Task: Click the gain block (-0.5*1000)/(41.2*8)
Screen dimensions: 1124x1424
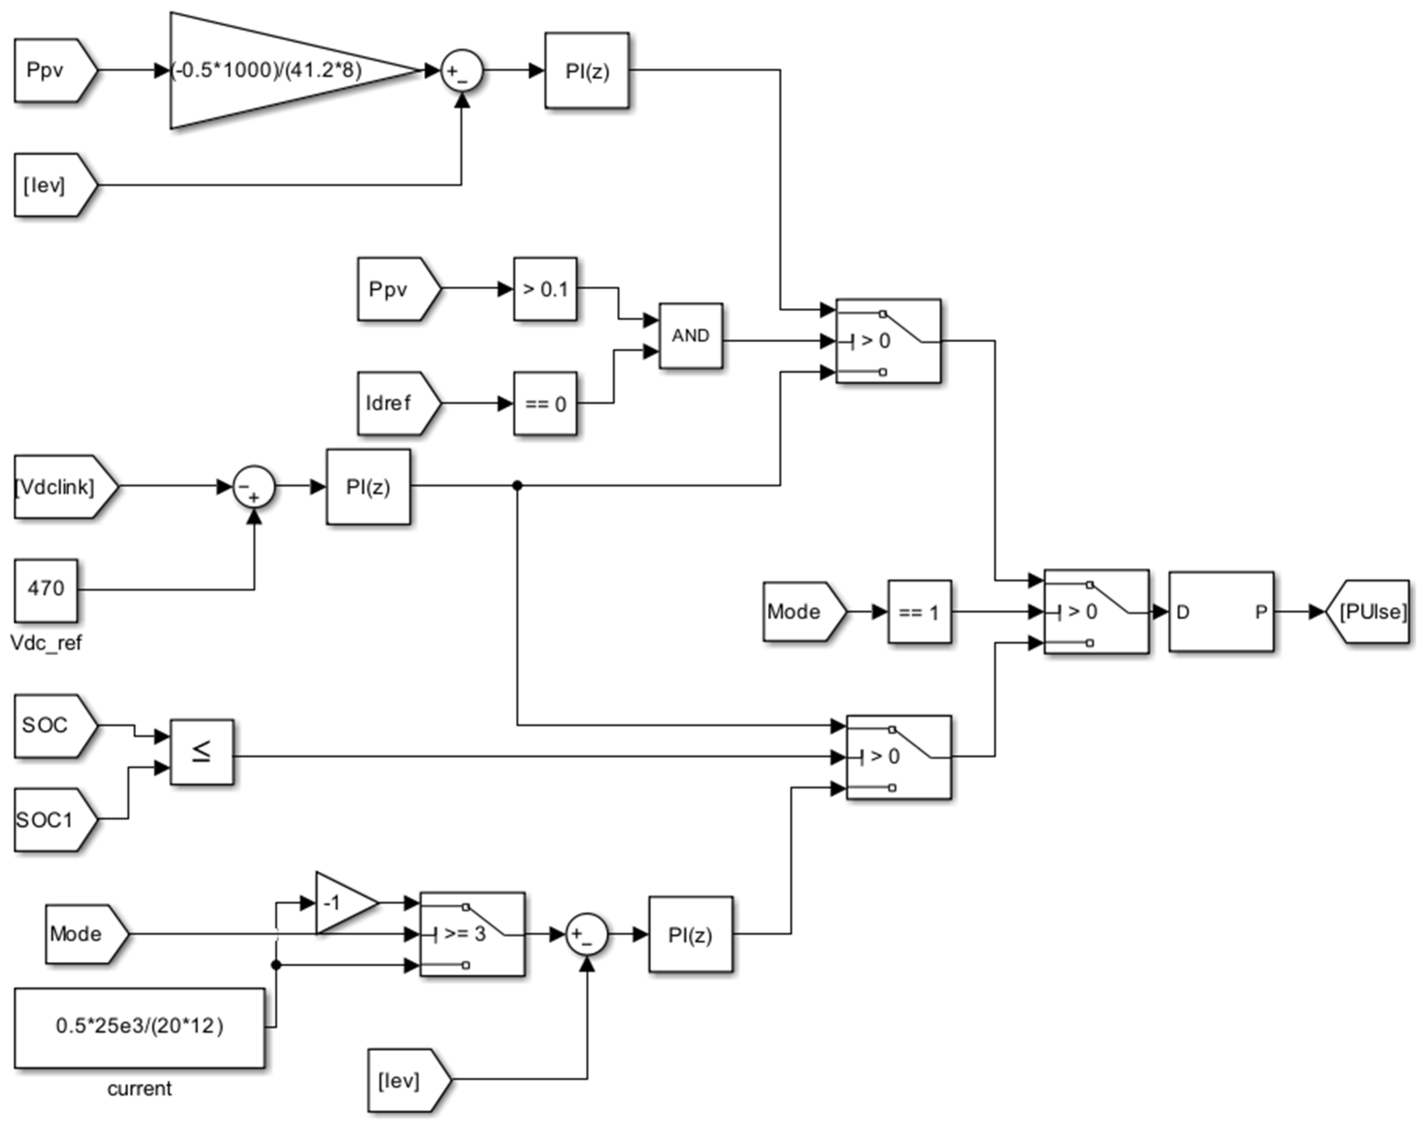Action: tap(276, 70)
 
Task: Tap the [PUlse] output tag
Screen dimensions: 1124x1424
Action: tap(1371, 612)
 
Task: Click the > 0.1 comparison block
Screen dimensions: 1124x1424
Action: tap(545, 289)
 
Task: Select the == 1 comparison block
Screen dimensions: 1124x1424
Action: tap(919, 612)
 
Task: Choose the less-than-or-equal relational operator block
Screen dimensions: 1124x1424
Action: tap(201, 752)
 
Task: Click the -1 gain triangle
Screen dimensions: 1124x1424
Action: tap(342, 903)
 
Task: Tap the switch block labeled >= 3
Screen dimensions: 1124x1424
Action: tap(472, 934)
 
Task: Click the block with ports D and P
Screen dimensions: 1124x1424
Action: tap(1221, 612)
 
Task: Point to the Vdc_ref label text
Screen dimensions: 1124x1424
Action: tap(46, 643)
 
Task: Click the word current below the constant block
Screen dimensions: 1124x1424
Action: tap(139, 1089)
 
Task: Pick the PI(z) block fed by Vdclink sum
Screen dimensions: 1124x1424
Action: tap(368, 487)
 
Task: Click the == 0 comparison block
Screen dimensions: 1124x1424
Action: tap(545, 403)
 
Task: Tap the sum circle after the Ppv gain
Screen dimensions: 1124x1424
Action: tap(462, 70)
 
